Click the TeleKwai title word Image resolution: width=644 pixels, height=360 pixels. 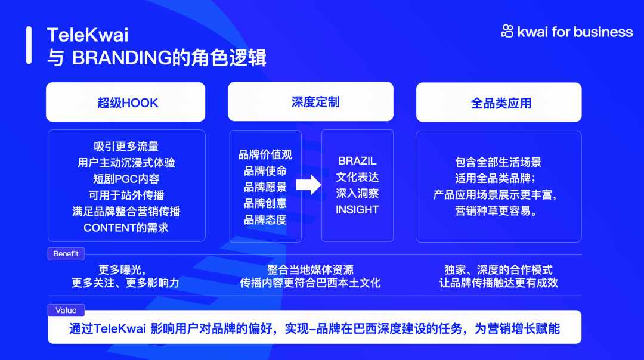[x=88, y=35]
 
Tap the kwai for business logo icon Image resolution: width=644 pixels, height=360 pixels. [x=507, y=31]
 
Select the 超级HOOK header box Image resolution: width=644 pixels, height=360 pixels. [x=126, y=102]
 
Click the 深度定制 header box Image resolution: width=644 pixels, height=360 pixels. [x=311, y=102]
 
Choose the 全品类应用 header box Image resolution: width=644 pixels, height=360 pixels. [x=499, y=103]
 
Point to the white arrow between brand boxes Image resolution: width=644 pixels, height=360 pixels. [x=308, y=185]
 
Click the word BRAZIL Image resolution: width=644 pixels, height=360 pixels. [x=357, y=161]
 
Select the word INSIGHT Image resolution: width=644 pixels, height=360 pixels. [x=357, y=210]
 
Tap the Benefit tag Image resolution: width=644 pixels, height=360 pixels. [x=66, y=254]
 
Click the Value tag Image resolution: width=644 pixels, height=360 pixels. [x=66, y=311]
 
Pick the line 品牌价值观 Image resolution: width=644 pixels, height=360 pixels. [x=265, y=155]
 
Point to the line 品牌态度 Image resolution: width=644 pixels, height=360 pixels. [x=265, y=219]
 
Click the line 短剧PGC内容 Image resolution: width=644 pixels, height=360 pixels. [x=126, y=179]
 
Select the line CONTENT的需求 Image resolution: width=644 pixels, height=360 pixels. [x=126, y=228]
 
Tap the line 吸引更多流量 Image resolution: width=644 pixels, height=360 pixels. [x=126, y=147]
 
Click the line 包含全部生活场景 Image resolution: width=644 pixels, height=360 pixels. [x=498, y=162]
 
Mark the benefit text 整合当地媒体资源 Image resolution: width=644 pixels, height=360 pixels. [x=311, y=269]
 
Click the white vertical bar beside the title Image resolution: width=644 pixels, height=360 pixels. [x=29, y=45]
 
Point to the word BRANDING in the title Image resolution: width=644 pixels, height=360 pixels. [x=122, y=58]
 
